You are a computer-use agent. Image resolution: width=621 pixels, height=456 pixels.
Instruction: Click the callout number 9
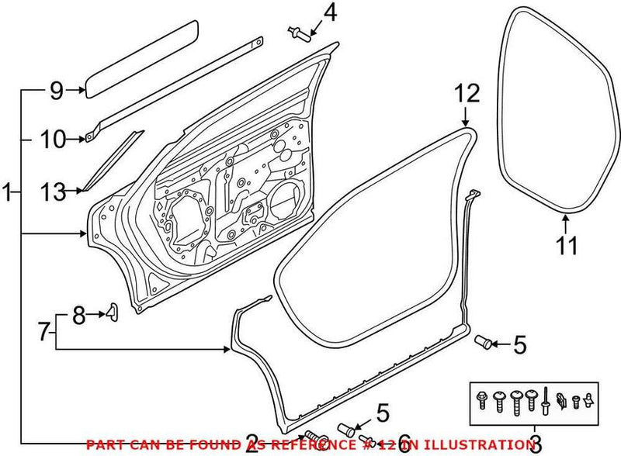[55, 92]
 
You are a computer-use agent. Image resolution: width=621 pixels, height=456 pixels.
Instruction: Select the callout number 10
[54, 140]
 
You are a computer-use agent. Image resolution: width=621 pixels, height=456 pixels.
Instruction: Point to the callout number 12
[463, 94]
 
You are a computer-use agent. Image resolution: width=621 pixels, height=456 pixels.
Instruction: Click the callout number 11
[567, 247]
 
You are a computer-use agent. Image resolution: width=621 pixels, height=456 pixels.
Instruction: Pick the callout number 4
[331, 13]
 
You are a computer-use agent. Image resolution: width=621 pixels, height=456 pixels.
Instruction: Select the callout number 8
[78, 315]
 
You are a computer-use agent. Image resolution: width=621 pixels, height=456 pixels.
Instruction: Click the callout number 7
[43, 333]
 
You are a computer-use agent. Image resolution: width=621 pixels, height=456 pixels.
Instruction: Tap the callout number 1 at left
[8, 192]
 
